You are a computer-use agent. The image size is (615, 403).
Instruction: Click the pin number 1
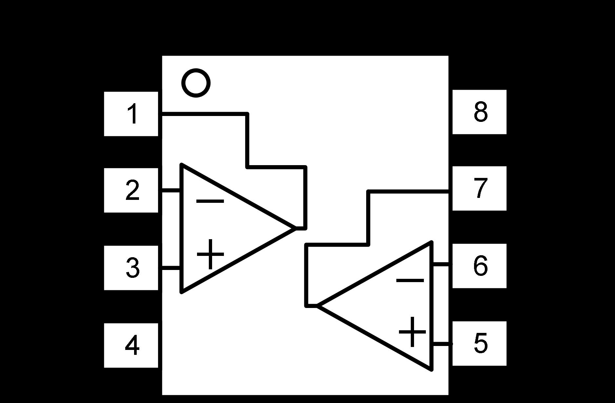[132, 114]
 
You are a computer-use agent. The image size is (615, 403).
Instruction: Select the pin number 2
[132, 190]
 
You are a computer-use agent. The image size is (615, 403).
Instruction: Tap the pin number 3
[132, 268]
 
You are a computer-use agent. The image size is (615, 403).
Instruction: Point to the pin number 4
[132, 345]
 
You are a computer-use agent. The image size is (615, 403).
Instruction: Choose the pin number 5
[481, 343]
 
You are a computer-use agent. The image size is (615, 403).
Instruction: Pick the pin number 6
[481, 266]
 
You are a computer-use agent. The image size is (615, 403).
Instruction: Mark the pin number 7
[481, 188]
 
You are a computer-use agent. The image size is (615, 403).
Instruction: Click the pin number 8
[481, 112]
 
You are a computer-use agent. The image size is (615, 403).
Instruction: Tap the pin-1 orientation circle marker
[196, 83]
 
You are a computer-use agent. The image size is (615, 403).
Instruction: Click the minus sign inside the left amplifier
[210, 201]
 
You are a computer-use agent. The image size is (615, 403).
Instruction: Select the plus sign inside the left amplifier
[210, 254]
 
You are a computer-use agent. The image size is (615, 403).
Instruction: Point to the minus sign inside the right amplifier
[410, 280]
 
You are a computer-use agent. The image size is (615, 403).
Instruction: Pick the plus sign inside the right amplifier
[412, 332]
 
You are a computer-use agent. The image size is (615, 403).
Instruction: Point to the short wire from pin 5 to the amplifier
[442, 344]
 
